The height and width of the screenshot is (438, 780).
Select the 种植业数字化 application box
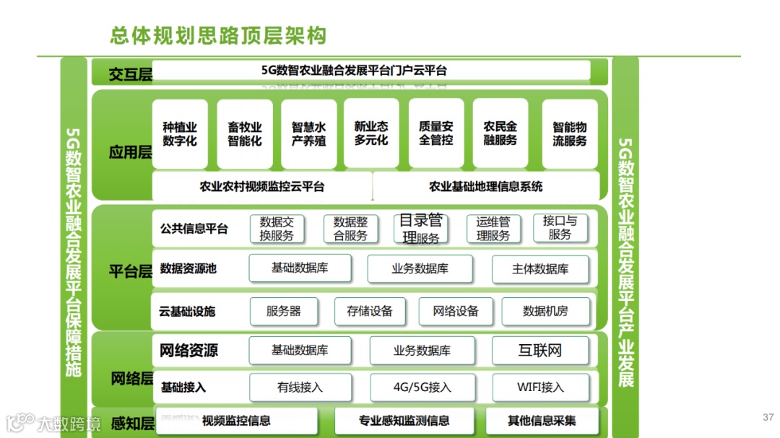pyautogui.click(x=180, y=134)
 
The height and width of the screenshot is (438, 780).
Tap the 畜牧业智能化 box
pyautogui.click(x=245, y=134)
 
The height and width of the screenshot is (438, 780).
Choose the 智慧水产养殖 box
pyautogui.click(x=309, y=134)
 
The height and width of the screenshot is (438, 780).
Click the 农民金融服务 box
pyautogui.click(x=500, y=133)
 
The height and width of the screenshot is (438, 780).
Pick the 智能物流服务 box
pyautogui.click(x=570, y=134)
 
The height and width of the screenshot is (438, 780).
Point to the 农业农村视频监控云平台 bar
pyautogui.click(x=262, y=186)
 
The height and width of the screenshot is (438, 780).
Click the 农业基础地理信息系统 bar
pyautogui.click(x=486, y=186)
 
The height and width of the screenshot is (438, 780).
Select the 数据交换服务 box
pyautogui.click(x=277, y=229)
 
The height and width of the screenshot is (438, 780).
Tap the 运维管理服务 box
pyautogui.click(x=493, y=229)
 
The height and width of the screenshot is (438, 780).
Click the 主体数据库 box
pyautogui.click(x=540, y=269)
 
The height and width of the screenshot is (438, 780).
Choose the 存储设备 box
pyautogui.click(x=370, y=312)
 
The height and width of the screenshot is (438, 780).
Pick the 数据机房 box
pyautogui.click(x=545, y=312)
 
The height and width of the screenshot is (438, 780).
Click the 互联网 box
pyautogui.click(x=540, y=351)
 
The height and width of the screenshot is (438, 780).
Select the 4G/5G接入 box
pyautogui.click(x=422, y=387)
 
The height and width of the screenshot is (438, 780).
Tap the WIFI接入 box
pyautogui.click(x=540, y=387)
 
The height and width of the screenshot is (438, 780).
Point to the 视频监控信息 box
pyautogui.click(x=237, y=421)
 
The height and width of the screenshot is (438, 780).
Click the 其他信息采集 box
pyautogui.click(x=542, y=421)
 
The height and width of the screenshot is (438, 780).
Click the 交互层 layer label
pyautogui.click(x=131, y=74)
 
